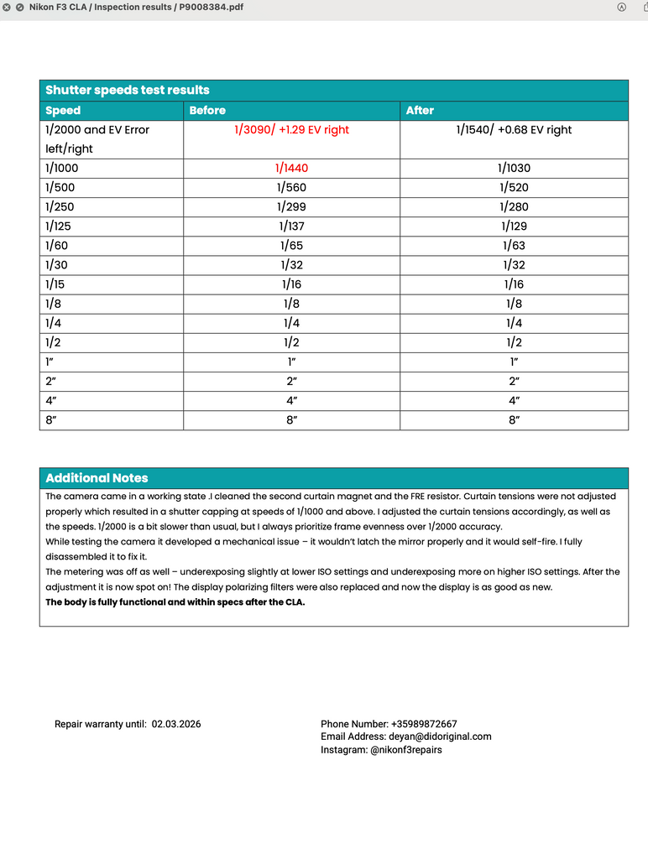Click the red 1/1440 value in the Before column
click(x=291, y=168)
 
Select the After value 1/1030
click(x=515, y=168)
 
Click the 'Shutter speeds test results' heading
click(x=128, y=90)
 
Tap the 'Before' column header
click(x=207, y=111)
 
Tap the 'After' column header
click(x=420, y=111)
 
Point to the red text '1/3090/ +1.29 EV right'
click(x=291, y=130)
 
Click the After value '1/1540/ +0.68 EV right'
click(x=514, y=130)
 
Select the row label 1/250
click(x=60, y=207)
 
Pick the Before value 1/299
click(x=291, y=207)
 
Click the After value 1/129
click(x=515, y=226)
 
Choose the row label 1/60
click(x=57, y=246)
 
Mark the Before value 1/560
click(x=291, y=188)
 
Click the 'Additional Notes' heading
click(x=97, y=478)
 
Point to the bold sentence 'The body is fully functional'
click(x=175, y=602)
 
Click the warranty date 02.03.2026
click(x=176, y=724)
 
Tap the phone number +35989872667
click(x=424, y=724)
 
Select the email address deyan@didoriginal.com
click(x=440, y=737)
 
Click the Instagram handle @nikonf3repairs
click(x=406, y=750)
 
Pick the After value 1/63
click(x=515, y=246)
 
